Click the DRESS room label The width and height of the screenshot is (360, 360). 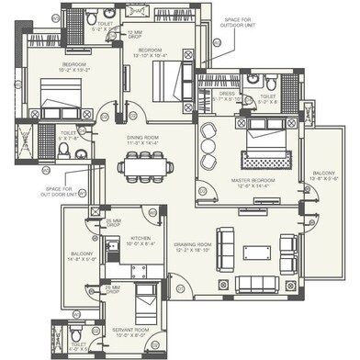227,95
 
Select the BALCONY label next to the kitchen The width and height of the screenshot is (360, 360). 84,254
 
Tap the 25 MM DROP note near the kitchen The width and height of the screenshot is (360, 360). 114,223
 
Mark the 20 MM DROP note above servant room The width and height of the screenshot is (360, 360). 113,288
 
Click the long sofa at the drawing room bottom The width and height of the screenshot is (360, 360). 254,280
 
